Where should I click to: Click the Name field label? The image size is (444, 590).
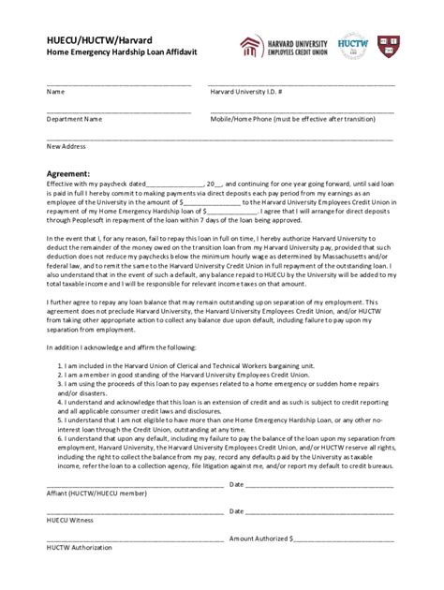(x=55, y=93)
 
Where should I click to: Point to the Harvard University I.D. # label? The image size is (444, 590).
(x=247, y=93)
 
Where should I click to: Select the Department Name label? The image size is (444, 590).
(x=74, y=120)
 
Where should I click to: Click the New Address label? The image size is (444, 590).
(x=66, y=147)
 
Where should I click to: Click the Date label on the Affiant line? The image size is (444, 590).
(x=236, y=485)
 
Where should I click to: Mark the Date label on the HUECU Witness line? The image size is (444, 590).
(x=236, y=512)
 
